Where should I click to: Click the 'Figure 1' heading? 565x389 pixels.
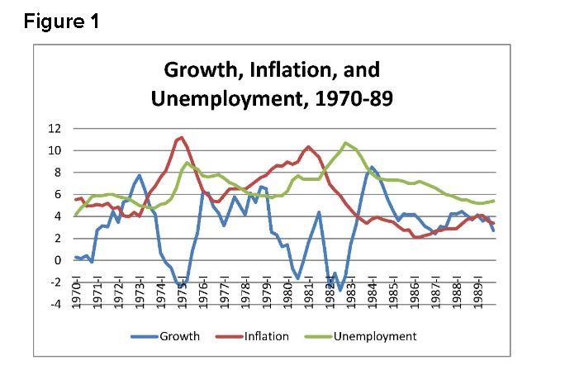pos(61,21)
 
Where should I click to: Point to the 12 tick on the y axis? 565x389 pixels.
pos(55,129)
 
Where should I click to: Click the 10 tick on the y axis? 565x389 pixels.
pos(55,150)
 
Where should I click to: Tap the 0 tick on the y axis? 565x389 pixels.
pos(58,260)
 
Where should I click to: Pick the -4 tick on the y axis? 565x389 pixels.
pos(55,304)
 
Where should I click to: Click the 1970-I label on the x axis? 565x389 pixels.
pos(77,295)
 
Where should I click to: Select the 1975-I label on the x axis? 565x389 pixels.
pos(183,295)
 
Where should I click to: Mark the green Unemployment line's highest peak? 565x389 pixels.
pos(345,143)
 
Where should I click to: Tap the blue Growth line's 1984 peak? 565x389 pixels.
pos(373,167)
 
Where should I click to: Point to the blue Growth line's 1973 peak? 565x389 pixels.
pos(140,175)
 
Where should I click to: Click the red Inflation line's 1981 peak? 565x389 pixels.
pos(308,147)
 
